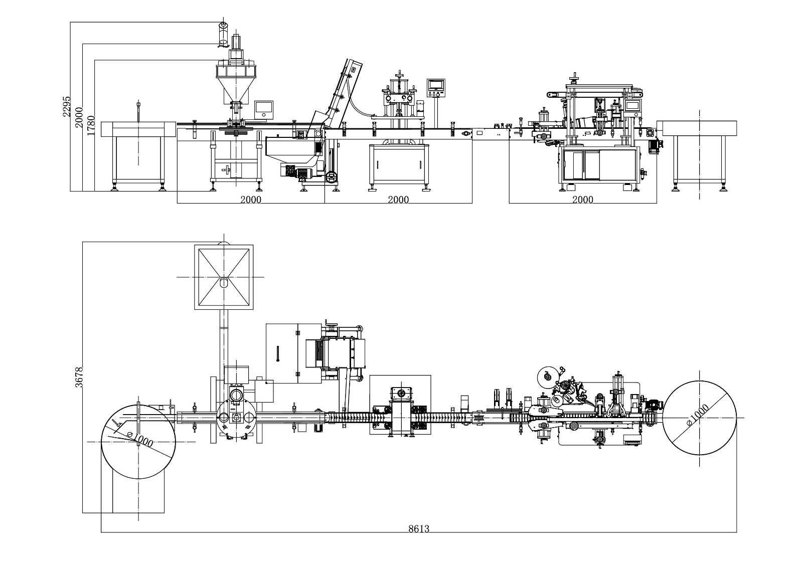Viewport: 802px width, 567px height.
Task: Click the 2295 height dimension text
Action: [x=66, y=107]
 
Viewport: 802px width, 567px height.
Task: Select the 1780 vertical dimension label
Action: [x=91, y=124]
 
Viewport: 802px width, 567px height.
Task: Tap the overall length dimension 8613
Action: [x=418, y=528]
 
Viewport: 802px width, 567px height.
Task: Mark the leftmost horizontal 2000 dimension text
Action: [x=250, y=200]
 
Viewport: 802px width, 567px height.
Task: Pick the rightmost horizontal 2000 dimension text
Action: [x=582, y=200]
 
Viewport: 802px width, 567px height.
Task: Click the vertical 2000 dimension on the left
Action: [x=79, y=117]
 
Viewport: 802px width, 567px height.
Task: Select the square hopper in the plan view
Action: [x=223, y=277]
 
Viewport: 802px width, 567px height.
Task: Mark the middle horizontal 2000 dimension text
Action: [x=398, y=200]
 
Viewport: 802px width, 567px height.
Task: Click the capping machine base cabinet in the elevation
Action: [x=398, y=163]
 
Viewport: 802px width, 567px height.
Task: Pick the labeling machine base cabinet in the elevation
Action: [x=599, y=163]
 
